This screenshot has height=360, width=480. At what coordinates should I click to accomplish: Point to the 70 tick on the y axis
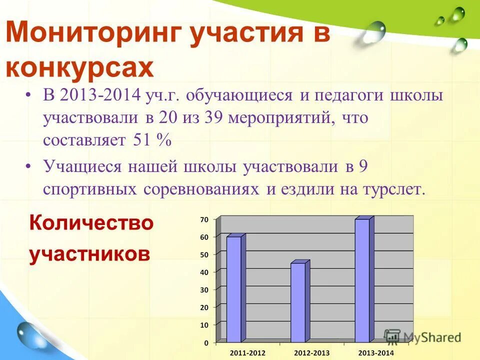(x=204, y=219)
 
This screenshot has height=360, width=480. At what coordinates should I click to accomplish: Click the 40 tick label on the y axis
(x=204, y=272)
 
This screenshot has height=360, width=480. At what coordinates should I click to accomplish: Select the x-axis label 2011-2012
(x=247, y=353)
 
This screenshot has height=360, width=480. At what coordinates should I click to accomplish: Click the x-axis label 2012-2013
(x=312, y=353)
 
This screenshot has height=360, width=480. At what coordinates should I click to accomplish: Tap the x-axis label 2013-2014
(x=376, y=353)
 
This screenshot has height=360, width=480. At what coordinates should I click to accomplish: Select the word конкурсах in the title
(x=79, y=67)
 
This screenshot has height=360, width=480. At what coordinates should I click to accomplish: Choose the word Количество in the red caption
(x=91, y=222)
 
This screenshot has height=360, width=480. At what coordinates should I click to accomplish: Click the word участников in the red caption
(x=89, y=254)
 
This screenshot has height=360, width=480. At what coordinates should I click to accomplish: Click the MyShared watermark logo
(x=422, y=337)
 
